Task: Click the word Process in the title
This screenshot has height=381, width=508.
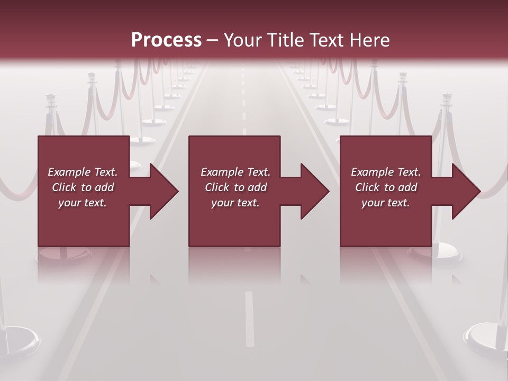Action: click(166, 40)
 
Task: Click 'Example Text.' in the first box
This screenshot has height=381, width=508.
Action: click(83, 172)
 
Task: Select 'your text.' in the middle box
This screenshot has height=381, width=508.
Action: click(235, 203)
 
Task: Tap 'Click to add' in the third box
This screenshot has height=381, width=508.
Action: click(386, 187)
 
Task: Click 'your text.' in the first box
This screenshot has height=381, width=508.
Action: click(83, 203)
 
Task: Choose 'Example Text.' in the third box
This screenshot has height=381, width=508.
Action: click(386, 172)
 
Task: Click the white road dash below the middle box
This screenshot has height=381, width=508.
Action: click(249, 317)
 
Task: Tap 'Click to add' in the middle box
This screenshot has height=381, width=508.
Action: click(235, 187)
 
